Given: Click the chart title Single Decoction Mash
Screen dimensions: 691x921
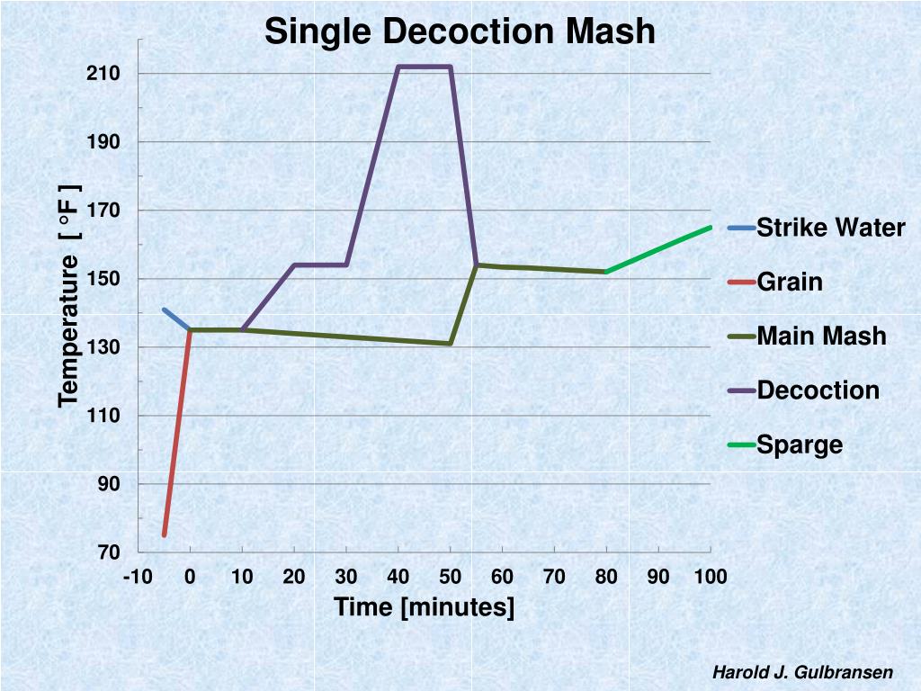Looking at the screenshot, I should (460, 31).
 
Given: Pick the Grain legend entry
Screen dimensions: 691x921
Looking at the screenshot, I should (790, 282).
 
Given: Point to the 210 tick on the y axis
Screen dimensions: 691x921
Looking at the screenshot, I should (104, 74).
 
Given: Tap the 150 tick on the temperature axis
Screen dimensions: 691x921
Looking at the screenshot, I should (104, 279).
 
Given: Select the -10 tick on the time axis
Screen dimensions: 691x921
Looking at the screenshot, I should (138, 577).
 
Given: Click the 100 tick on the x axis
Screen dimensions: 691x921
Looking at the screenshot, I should (710, 577).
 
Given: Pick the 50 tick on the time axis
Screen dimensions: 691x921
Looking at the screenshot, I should (450, 577).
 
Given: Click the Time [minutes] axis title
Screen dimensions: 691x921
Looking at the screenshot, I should (425, 607).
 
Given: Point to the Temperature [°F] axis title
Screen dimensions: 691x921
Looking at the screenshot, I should (69, 296).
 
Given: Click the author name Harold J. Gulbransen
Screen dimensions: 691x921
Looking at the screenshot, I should (802, 672).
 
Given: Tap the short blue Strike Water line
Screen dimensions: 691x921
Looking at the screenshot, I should (176, 319).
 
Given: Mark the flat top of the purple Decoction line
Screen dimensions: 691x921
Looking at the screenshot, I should (424, 67).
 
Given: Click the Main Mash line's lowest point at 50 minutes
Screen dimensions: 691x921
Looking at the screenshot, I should (450, 343).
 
